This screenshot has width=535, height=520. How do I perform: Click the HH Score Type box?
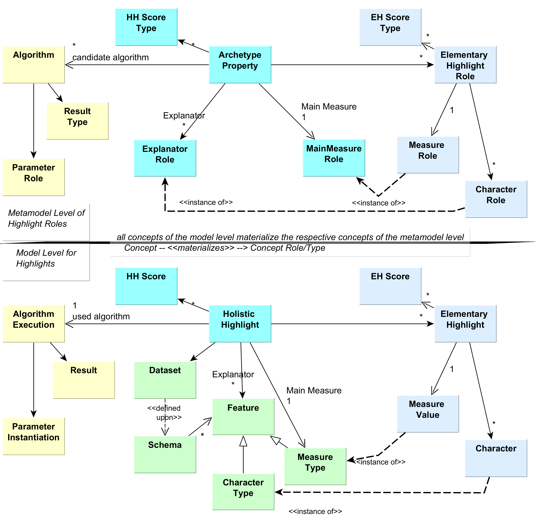(146, 27)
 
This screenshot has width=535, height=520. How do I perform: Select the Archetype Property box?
(240, 65)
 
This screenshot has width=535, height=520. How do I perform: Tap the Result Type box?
(78, 121)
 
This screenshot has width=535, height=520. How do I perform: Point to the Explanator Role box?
(165, 158)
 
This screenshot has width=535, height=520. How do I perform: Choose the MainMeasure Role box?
(334, 158)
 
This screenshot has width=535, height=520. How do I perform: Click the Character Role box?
(496, 199)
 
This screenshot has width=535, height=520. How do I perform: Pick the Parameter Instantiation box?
(34, 436)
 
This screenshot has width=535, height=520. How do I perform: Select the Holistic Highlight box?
(240, 324)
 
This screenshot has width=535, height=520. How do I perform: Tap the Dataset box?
(165, 380)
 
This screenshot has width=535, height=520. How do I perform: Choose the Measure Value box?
(428, 414)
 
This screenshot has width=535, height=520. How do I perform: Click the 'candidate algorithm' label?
(111, 57)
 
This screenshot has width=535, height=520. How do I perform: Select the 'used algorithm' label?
(101, 317)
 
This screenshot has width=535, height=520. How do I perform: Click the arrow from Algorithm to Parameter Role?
(34, 120)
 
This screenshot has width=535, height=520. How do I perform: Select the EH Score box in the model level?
(390, 286)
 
